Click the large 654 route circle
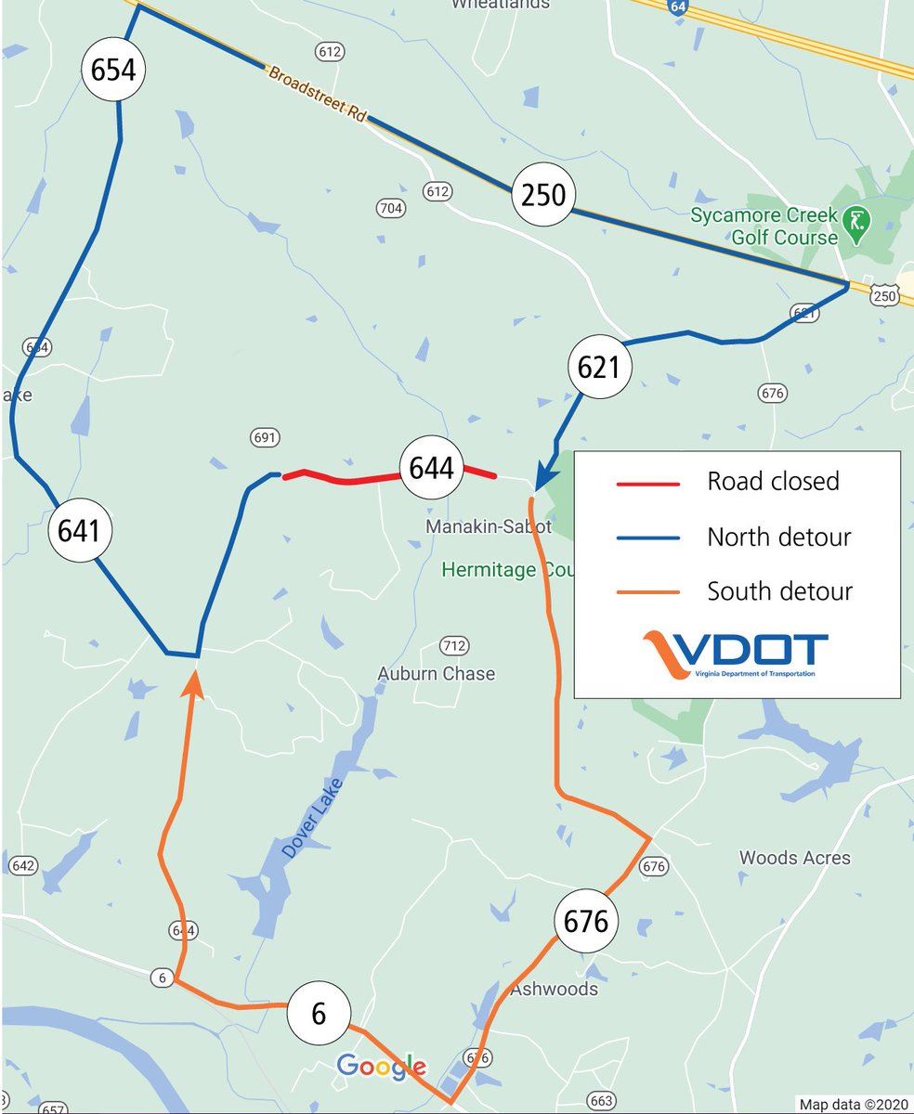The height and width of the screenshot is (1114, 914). click(x=113, y=70)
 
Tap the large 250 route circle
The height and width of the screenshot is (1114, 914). click(x=543, y=195)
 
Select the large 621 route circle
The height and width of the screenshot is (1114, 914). click(x=598, y=368)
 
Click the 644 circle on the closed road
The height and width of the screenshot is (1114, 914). click(x=431, y=468)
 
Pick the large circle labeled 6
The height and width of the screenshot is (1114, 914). click(x=319, y=1014)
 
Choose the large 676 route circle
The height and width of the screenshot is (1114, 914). click(x=586, y=922)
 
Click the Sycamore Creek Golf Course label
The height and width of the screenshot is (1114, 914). click(x=764, y=227)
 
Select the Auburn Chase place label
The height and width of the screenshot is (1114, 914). click(x=436, y=673)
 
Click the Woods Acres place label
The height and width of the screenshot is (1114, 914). click(x=794, y=857)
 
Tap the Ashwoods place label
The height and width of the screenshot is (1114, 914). click(x=554, y=989)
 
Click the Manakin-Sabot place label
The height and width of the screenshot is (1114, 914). click(x=489, y=526)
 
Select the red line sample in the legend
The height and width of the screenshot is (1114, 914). click(x=648, y=483)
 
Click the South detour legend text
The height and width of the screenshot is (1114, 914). click(x=779, y=591)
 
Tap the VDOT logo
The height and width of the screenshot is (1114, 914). click(x=736, y=654)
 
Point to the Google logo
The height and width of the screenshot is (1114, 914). click(x=381, y=1067)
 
